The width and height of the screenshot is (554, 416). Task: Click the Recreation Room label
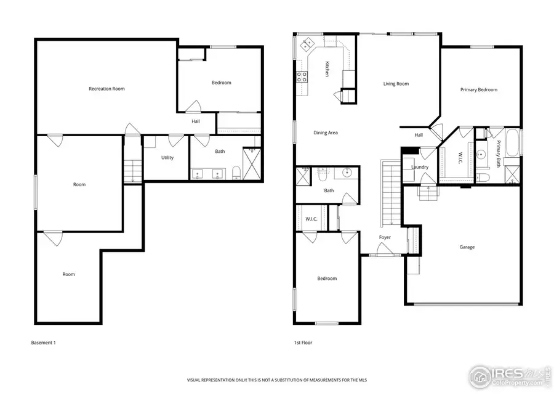coord(106,89)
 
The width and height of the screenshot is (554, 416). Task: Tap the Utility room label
coord(167,158)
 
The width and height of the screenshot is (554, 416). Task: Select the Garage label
coord(467,247)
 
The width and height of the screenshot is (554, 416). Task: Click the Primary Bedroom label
coord(478,90)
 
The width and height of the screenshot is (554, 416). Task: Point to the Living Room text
coord(396,84)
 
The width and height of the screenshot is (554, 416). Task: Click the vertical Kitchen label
coord(327,69)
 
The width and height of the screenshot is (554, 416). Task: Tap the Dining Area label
coord(326,133)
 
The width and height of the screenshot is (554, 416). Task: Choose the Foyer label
coord(385,237)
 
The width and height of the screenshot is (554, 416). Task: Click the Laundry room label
coord(419,167)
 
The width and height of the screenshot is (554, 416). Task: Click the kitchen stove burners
coord(303,77)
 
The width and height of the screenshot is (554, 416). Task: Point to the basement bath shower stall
coord(252,163)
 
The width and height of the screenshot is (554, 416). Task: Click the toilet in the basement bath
coord(237,173)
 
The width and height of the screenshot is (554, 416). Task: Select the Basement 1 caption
coord(43,342)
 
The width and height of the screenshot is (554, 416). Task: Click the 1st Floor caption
coord(303,342)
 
